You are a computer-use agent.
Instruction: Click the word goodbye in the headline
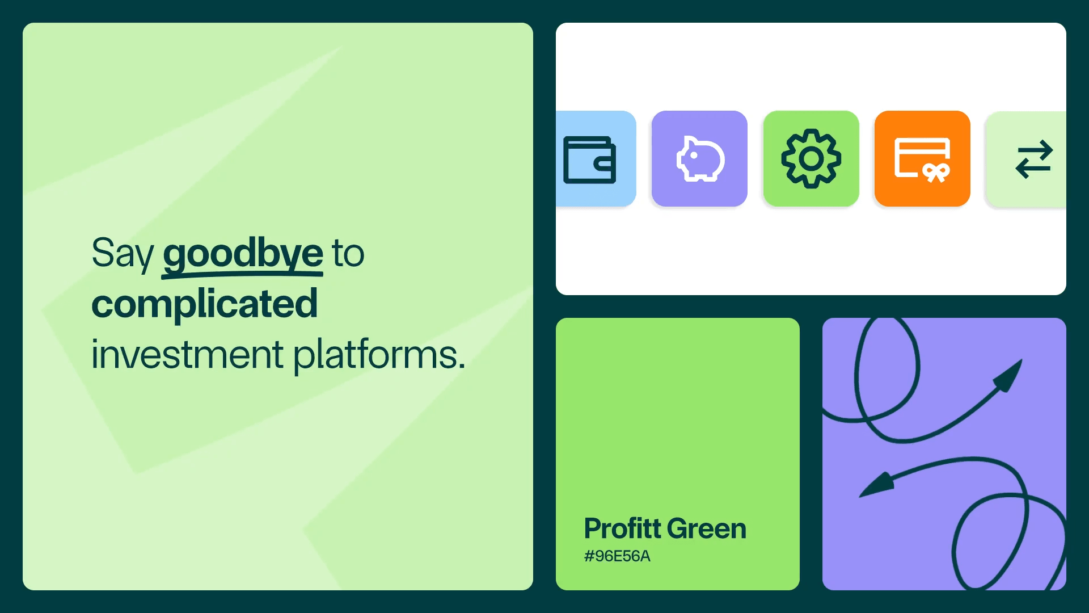pos(243,254)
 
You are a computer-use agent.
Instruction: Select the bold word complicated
pos(205,305)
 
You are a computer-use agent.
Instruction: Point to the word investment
pos(187,355)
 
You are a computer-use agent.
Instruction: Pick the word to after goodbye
pos(348,254)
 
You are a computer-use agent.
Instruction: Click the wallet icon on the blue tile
pos(589,160)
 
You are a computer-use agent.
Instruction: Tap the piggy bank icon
pos(700,159)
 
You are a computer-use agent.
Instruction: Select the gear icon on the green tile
pos(811,158)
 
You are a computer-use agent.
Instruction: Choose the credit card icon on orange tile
pos(922,159)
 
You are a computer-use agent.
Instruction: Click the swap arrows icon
pos(1034,159)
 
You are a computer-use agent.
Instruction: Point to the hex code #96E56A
pos(617,556)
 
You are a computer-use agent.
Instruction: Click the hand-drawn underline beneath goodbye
pos(242,275)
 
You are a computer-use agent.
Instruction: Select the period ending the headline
pos(461,366)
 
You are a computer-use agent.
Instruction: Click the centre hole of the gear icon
pos(811,159)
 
